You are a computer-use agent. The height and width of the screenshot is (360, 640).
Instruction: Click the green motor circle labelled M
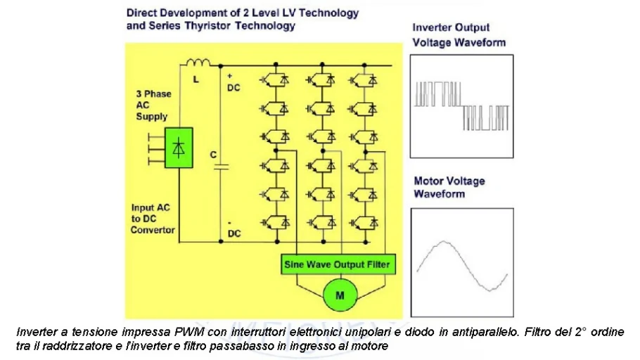click(340, 295)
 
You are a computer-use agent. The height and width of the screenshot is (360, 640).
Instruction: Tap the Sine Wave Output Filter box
click(336, 264)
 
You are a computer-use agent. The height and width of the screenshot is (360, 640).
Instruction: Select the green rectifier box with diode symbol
click(179, 148)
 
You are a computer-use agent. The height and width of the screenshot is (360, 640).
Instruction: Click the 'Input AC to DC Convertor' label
click(153, 219)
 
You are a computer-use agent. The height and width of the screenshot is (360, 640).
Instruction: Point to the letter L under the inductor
click(196, 79)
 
